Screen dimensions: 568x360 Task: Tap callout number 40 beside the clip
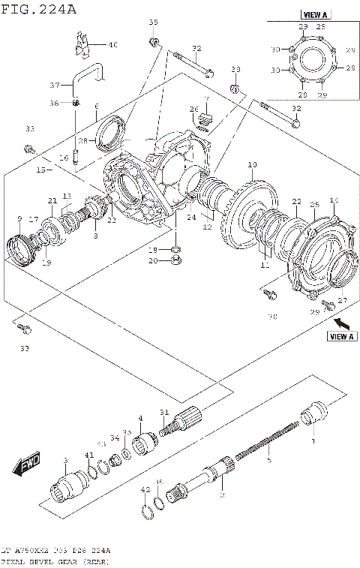(112, 45)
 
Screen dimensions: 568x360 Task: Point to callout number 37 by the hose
(54, 85)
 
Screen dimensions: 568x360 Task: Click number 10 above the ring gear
(252, 164)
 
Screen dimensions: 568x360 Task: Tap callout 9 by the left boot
(19, 218)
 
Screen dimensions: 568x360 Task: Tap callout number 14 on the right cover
(334, 200)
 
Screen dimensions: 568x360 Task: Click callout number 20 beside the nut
(153, 261)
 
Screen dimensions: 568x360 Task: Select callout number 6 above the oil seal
(97, 107)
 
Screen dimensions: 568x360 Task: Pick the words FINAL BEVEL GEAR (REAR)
(55, 561)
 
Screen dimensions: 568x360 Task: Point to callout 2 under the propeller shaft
(222, 495)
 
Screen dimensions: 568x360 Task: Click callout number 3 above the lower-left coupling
(65, 460)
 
